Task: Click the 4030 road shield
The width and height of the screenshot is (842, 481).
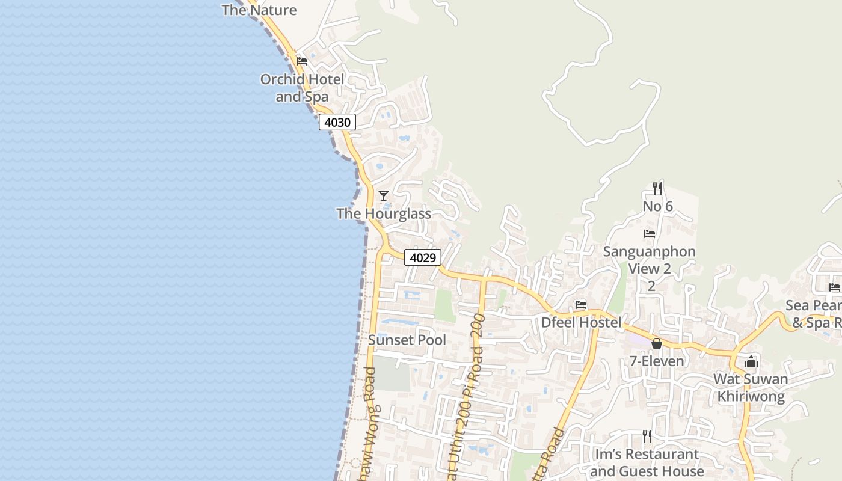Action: [337, 122]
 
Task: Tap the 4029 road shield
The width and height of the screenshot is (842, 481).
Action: [422, 257]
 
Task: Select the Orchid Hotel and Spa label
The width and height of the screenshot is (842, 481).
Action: [302, 88]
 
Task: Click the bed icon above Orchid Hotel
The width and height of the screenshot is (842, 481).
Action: [302, 61]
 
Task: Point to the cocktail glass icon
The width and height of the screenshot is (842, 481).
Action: [383, 196]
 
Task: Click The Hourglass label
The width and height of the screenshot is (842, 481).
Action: [384, 213]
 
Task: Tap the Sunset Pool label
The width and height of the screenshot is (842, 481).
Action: [407, 340]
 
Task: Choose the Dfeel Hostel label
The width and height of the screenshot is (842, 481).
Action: [581, 322]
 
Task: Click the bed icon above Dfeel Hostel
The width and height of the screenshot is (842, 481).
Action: [581, 305]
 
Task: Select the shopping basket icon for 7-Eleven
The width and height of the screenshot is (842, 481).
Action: [657, 343]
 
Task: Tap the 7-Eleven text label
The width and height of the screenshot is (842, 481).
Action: [657, 361]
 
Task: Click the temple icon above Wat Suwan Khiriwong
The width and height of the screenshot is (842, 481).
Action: [751, 361]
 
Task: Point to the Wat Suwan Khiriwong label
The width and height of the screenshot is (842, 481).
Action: [751, 388]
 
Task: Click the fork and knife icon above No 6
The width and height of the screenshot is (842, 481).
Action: [657, 189]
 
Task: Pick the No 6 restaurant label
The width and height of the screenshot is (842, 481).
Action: [657, 206]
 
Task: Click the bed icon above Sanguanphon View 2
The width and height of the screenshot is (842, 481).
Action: [650, 233]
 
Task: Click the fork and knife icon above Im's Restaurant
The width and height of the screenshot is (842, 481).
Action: [647, 436]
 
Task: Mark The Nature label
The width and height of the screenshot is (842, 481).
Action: [259, 10]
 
